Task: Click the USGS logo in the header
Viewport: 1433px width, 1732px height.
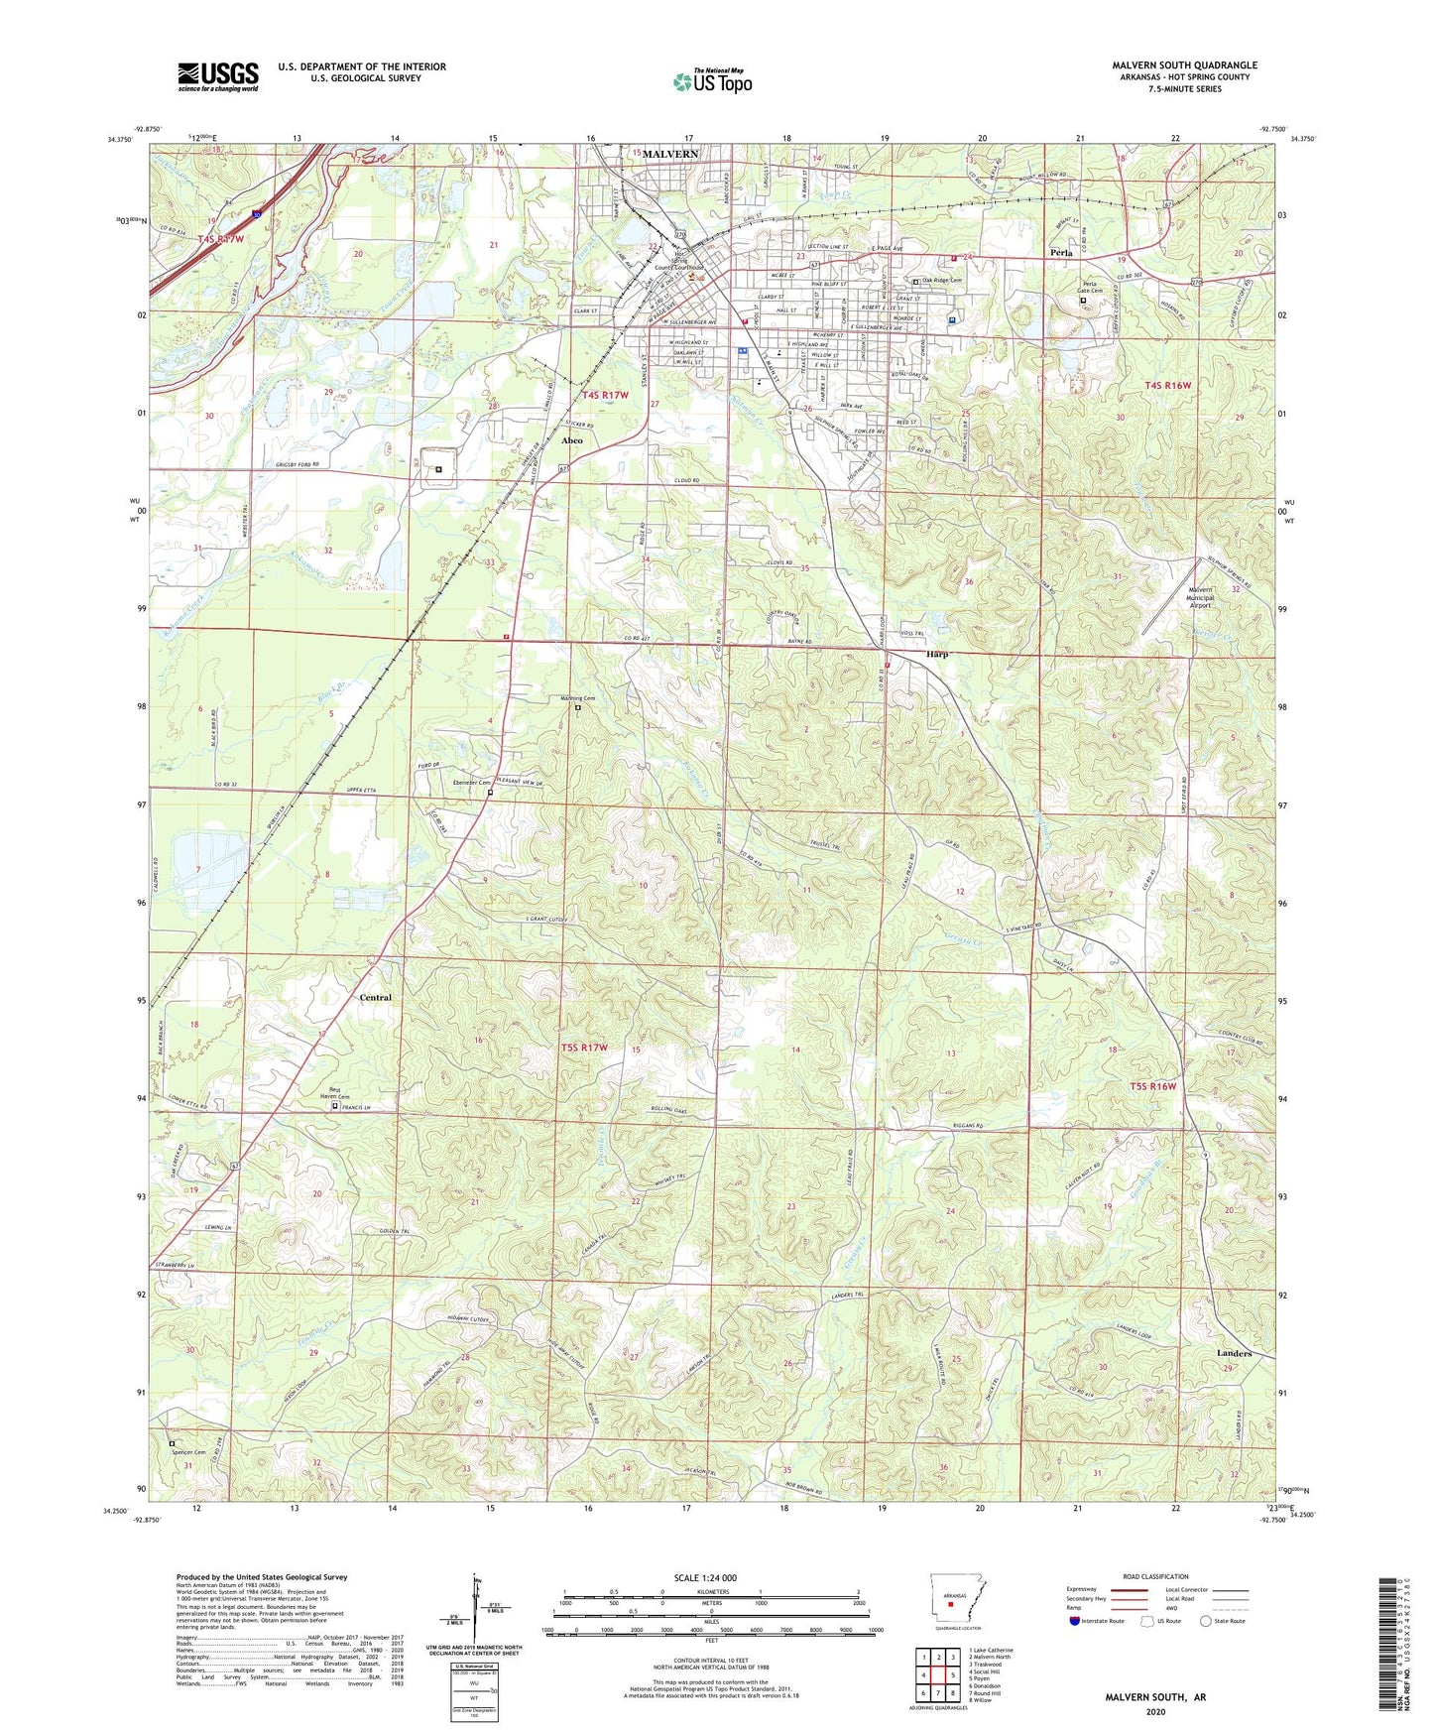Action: [x=218, y=75]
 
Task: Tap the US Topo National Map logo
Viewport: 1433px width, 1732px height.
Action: [x=712, y=81]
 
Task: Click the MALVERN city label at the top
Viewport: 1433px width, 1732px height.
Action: [x=670, y=154]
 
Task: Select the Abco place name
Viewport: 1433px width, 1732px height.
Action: [x=572, y=439]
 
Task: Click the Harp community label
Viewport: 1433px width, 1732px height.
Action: [x=937, y=655]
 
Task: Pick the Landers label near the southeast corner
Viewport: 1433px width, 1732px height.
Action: [x=1234, y=1353]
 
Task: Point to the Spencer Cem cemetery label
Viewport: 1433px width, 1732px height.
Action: [x=188, y=1452]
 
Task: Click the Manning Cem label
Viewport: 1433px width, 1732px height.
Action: [x=575, y=698]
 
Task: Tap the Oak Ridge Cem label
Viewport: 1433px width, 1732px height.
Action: [x=941, y=281]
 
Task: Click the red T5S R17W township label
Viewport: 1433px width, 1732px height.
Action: [x=583, y=1048]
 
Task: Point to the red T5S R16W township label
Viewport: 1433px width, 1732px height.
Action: [x=1152, y=1086]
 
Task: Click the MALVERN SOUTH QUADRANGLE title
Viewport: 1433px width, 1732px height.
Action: [x=1184, y=65]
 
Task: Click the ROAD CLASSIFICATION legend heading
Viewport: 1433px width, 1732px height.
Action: [x=1155, y=1576]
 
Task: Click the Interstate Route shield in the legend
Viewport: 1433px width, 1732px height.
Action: [x=1074, y=1621]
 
